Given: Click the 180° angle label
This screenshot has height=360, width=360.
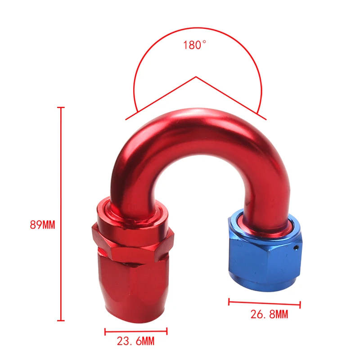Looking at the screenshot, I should [194, 45].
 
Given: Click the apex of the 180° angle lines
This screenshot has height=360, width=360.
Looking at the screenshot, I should [195, 77].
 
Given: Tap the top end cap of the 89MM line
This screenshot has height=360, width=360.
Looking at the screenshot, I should [62, 108].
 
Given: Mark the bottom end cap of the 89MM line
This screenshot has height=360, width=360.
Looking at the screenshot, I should [62, 320].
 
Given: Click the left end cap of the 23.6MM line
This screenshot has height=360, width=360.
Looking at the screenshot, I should [105, 332].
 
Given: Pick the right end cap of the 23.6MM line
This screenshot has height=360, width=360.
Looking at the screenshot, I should [166, 332].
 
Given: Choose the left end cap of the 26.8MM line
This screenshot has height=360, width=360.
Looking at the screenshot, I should [229, 301].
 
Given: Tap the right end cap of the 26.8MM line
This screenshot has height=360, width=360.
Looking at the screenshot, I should [299, 305].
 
